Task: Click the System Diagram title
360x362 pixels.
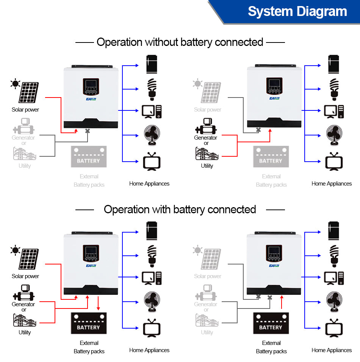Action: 297,11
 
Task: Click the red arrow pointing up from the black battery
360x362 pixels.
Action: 282,303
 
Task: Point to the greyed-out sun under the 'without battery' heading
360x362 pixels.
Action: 197,83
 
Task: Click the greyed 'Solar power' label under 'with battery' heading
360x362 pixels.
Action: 207,276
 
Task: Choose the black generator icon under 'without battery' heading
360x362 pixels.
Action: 206,126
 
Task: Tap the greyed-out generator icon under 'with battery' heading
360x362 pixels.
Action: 206,293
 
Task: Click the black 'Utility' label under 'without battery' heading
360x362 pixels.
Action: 207,166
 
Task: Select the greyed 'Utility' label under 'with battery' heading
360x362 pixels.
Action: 207,332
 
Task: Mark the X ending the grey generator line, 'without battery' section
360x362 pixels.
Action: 88,131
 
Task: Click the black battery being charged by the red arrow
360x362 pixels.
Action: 89,323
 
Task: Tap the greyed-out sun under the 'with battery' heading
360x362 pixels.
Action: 197,250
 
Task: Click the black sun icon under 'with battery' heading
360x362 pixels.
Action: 16,250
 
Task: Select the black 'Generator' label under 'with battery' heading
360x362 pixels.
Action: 23,304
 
